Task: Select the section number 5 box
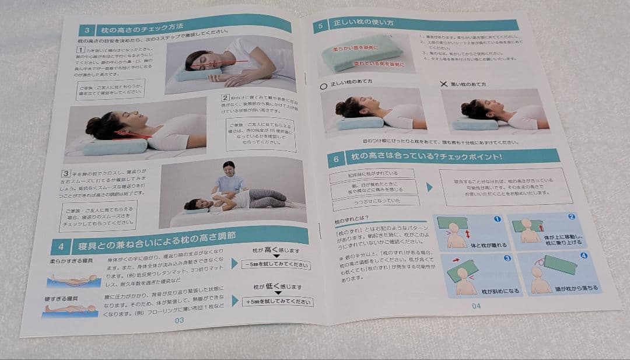[320, 26]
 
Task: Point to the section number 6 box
[336, 159]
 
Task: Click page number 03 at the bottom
[179, 320]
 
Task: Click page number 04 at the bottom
[476, 305]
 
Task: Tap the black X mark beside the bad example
[444, 84]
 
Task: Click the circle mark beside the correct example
[323, 86]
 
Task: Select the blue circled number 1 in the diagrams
[497, 219]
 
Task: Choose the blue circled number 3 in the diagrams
[508, 257]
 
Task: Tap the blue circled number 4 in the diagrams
[584, 256]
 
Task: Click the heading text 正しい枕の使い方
[362, 25]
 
